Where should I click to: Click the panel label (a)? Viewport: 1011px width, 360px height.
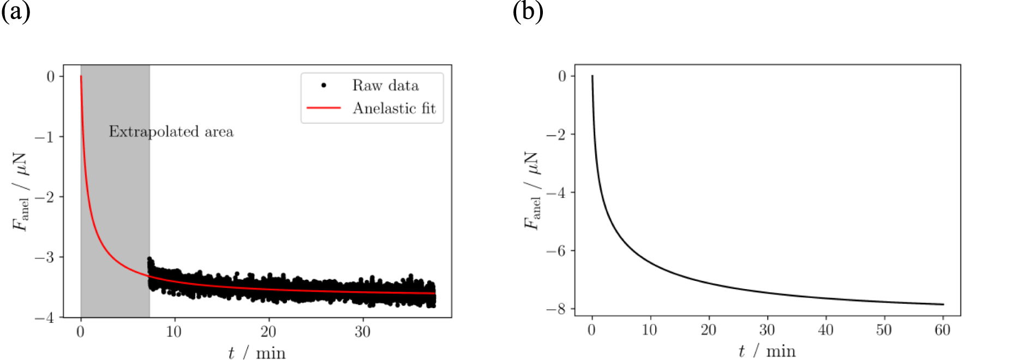coord(15,11)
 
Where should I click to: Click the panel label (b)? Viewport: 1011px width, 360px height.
coord(528,11)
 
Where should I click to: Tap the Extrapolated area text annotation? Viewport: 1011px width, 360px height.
coord(171,131)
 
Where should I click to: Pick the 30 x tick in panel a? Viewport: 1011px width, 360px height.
coord(362,332)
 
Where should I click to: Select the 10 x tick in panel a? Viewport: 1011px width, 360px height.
coord(174,332)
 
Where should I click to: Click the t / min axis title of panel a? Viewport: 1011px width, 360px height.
coord(256,353)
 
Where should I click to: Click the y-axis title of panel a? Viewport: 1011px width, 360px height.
coord(21,191)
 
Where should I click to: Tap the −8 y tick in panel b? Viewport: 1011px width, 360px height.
coord(557,309)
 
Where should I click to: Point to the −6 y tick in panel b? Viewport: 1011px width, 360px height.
coord(557,251)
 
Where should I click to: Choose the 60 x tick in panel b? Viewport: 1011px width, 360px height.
coord(942,330)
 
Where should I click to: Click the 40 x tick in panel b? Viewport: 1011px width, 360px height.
coord(825,330)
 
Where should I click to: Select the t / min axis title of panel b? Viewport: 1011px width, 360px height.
coord(767,351)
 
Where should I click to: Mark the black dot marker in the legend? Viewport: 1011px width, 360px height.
coord(324,86)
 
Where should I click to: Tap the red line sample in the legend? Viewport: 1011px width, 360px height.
coord(324,108)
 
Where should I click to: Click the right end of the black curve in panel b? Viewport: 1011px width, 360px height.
coord(943,304)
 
